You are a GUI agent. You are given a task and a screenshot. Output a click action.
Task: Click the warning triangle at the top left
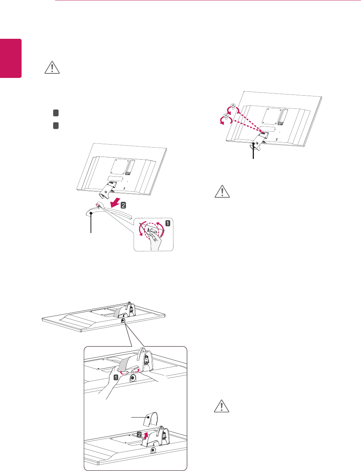coord(52,67)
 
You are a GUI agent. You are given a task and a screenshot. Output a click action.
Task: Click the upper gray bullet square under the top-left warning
coord(55,113)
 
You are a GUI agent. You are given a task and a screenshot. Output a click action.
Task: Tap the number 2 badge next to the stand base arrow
coord(123,206)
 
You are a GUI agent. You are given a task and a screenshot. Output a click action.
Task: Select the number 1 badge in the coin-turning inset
coord(167,223)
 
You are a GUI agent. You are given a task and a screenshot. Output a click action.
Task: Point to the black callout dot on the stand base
coord(91,213)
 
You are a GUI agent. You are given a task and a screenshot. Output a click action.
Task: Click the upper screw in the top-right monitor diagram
coord(233,106)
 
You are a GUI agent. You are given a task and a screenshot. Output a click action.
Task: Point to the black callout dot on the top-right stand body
coord(253,143)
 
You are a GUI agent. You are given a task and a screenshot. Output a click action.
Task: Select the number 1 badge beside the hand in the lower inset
coord(116,377)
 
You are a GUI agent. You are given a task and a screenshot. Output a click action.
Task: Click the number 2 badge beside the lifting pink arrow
coord(139,434)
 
